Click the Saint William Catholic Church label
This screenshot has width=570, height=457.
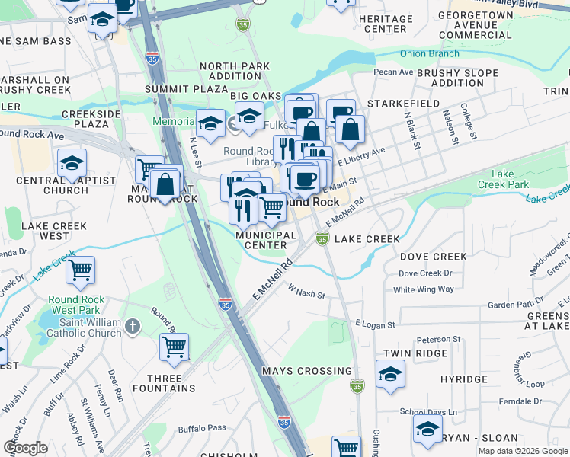[x=83, y=327]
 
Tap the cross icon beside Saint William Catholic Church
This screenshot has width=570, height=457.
[x=133, y=327]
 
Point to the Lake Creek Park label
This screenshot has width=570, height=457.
[x=503, y=179]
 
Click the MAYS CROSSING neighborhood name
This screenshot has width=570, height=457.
[x=306, y=371]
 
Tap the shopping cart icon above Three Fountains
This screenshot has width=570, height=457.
[x=175, y=347]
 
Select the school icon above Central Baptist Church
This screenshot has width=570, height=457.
[x=72, y=162]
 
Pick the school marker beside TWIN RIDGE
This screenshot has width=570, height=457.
[x=391, y=374]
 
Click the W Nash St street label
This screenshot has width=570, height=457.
[x=306, y=292]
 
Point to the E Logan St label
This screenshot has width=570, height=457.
[x=375, y=324]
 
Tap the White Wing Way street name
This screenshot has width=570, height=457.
[x=424, y=289]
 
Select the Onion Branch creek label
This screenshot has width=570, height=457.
[x=428, y=53]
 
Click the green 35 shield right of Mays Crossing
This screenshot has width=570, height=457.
[x=357, y=387]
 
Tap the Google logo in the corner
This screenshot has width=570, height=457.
[x=25, y=448]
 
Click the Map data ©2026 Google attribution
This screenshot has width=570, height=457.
[x=522, y=451]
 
